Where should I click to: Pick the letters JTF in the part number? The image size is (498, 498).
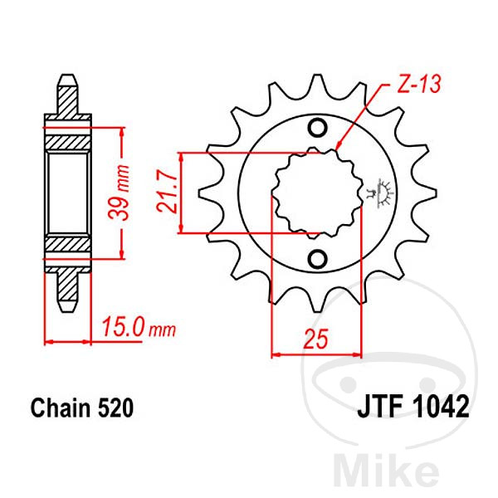381,408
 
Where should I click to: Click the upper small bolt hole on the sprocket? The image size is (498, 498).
317,128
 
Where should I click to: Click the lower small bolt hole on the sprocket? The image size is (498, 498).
317,259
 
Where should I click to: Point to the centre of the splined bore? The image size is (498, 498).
317,193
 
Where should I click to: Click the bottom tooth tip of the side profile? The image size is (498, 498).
67,305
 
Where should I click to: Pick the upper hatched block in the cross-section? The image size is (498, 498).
67,141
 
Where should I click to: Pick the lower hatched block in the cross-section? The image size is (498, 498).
67,246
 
